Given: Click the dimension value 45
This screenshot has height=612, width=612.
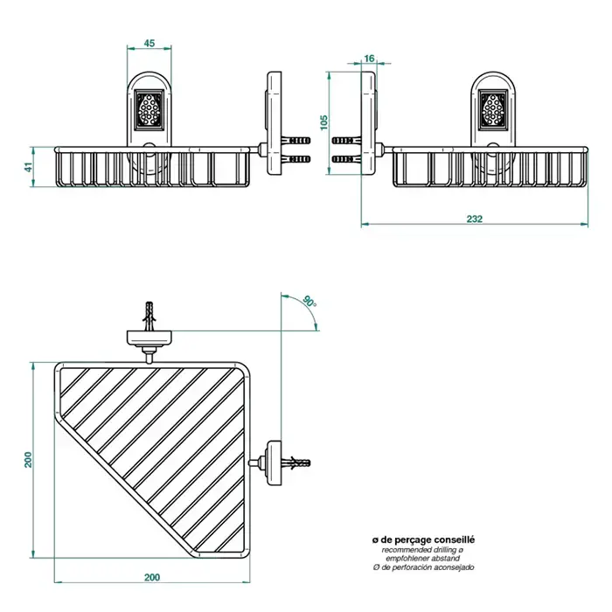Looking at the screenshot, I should point(150,43).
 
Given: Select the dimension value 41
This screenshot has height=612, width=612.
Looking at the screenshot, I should point(29,166).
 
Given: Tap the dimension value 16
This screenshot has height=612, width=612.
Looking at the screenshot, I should point(369,58).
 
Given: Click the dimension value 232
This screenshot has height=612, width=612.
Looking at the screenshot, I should point(474,219).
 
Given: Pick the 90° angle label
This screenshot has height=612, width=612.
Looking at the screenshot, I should point(308,302).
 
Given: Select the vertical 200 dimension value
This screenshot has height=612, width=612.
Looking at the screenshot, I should point(29,459).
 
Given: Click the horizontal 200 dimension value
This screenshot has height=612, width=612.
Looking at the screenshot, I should point(152,578).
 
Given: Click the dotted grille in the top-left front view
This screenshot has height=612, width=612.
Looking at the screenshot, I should point(149,112).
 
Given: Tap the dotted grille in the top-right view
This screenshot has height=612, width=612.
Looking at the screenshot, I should point(493,112).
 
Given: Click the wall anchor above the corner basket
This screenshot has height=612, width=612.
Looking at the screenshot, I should point(150,313).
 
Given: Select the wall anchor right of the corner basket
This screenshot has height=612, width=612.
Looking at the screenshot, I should point(297,460).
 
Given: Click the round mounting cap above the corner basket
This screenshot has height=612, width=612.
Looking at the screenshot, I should point(150,337).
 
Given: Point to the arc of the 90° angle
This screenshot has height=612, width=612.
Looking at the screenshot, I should point(313,319).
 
